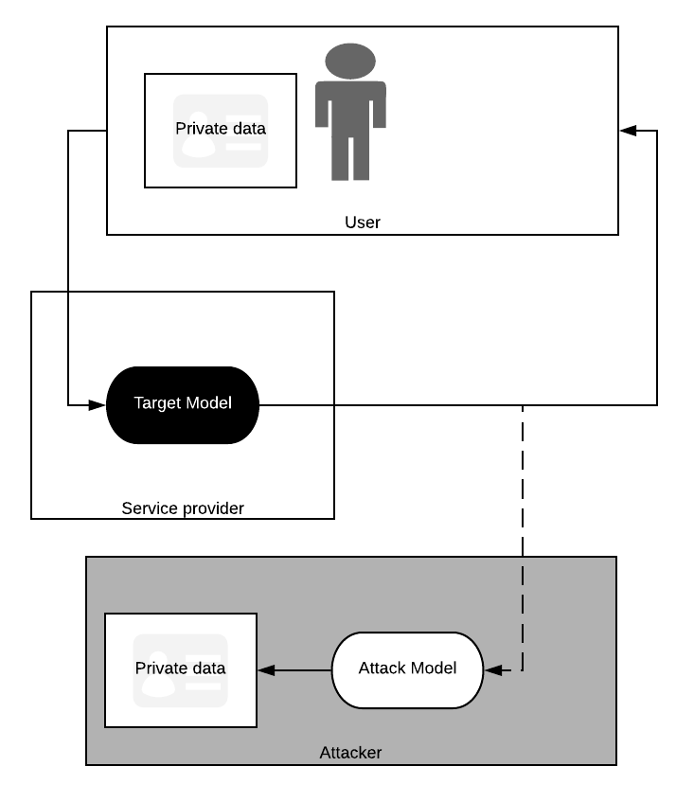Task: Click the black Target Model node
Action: (183, 404)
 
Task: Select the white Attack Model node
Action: (408, 670)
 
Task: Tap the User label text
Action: (363, 223)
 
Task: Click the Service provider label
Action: (183, 508)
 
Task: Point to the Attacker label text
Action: (350, 753)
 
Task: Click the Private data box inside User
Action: (221, 131)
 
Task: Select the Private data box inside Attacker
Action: (181, 670)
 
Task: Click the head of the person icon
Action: (350, 61)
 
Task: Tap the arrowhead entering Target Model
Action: (97, 405)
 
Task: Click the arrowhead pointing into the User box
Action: (628, 131)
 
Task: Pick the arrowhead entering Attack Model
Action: (493, 670)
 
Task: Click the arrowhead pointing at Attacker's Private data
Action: (266, 670)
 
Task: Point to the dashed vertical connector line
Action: (523, 537)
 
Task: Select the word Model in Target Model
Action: (208, 403)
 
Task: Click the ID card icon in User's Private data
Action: (221, 131)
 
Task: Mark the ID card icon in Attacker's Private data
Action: (181, 670)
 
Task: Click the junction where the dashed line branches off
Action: (523, 405)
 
